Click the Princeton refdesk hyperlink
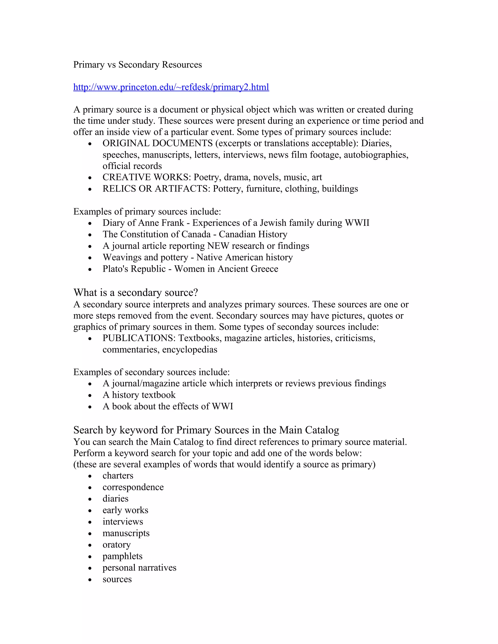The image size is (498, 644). pos(171,87)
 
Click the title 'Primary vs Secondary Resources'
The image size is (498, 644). pos(137,65)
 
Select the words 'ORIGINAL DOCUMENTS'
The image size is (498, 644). pos(158,143)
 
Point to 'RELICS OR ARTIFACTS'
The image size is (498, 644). pos(156,189)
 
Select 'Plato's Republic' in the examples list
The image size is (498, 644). pos(134,269)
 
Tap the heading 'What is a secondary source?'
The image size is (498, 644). pos(136,293)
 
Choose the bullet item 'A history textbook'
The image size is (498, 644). pos(139,395)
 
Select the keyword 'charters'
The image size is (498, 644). pos(118,476)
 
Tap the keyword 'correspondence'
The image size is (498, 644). pos(133,487)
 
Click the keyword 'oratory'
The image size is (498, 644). pos(116,545)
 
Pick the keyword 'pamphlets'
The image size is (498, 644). pos(123,556)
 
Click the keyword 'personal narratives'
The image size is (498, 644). pos(139,568)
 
